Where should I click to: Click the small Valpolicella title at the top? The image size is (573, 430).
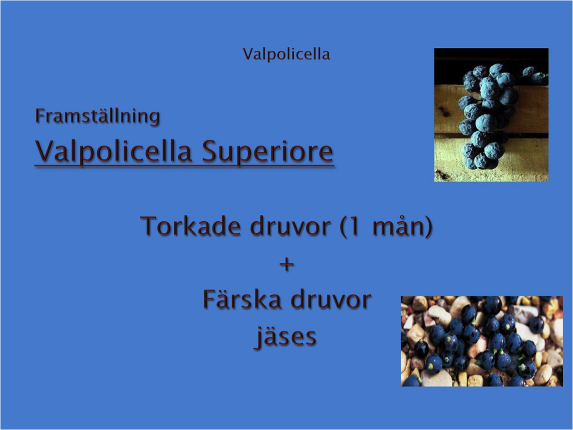pyautogui.click(x=286, y=54)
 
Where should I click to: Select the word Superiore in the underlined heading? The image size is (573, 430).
pyautogui.click(x=268, y=152)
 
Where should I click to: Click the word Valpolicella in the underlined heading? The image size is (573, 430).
pyautogui.click(x=113, y=152)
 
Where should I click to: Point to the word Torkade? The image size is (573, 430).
pyautogui.click(x=190, y=226)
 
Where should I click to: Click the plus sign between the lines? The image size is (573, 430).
pyautogui.click(x=287, y=264)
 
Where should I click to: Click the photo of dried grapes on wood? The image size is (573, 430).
pyautogui.click(x=491, y=115)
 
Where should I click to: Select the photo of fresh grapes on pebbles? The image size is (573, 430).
pyautogui.click(x=482, y=341)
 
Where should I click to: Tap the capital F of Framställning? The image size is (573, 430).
pyautogui.click(x=40, y=116)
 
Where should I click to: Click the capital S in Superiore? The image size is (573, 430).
pyautogui.click(x=210, y=151)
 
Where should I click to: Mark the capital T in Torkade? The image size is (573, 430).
pyautogui.click(x=150, y=226)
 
